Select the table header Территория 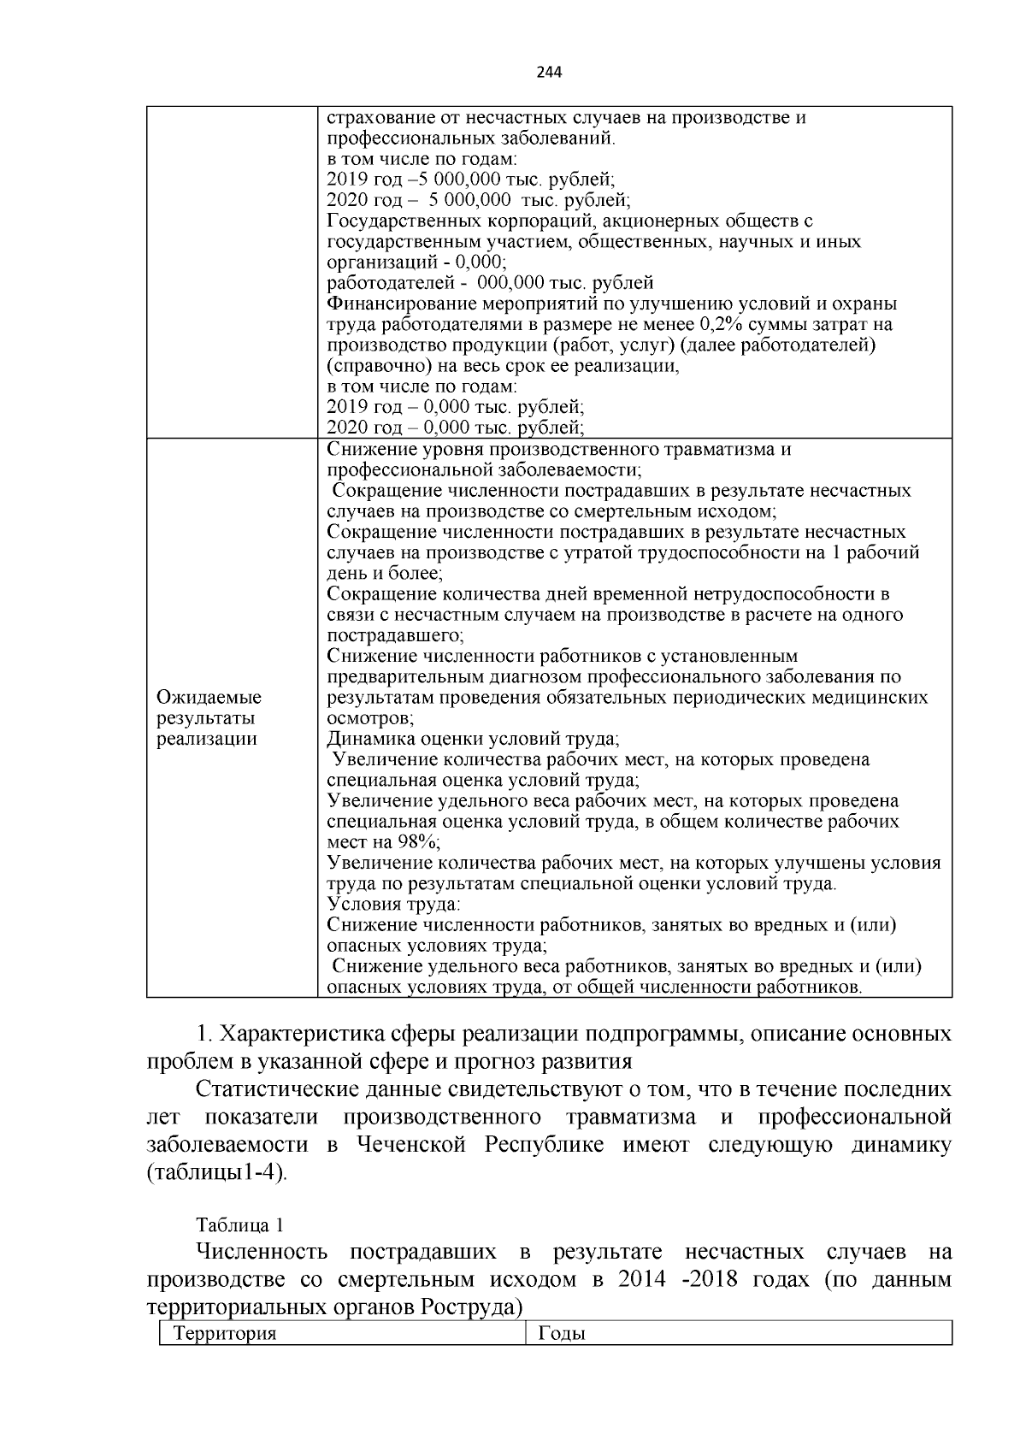[226, 1333]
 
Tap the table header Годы [562, 1333]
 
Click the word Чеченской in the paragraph [410, 1144]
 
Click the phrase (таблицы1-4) [218, 1171]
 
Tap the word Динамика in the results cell [368, 739]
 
